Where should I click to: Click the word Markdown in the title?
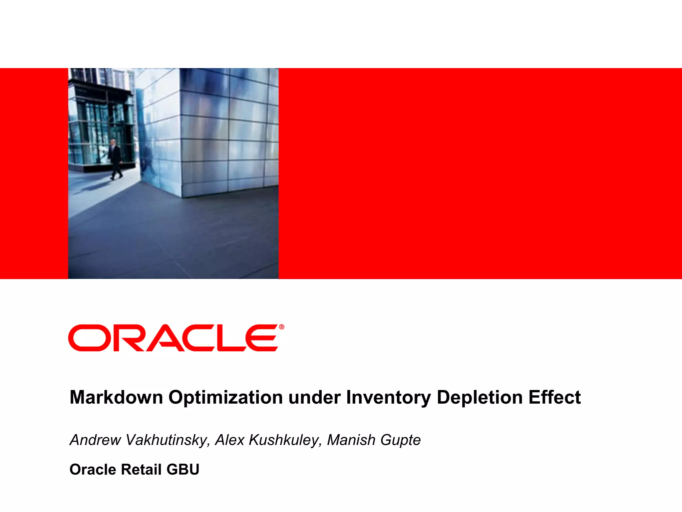point(116,397)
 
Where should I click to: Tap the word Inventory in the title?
point(388,397)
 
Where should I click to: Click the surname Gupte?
point(401,440)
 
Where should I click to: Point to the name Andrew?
point(95,440)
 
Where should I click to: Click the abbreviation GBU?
point(183,469)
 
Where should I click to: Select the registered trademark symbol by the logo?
point(282,327)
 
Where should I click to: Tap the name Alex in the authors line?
point(229,440)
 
